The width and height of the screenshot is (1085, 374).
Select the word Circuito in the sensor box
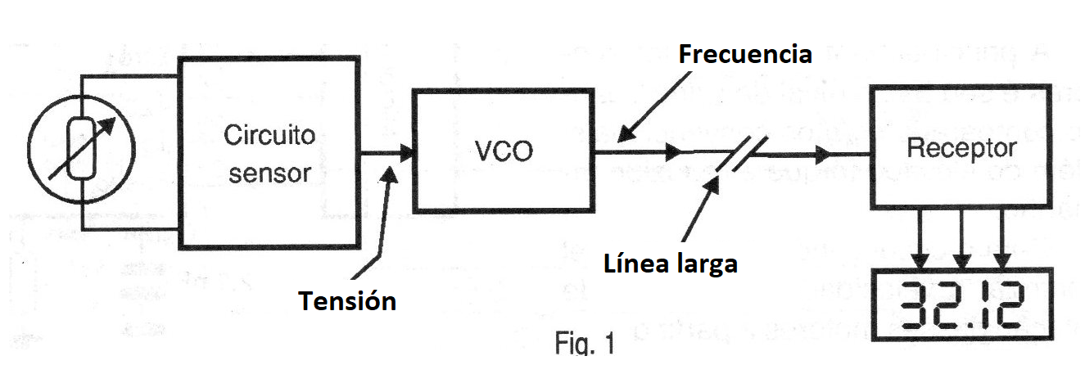[269, 135]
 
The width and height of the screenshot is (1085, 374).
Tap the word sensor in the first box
[269, 173]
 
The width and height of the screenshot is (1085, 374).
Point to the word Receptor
[961, 148]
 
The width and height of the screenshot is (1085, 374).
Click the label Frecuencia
[745, 54]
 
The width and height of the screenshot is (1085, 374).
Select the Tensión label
[347, 301]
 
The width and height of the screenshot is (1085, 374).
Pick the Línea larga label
[671, 264]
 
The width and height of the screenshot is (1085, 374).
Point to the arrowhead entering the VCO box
[405, 152]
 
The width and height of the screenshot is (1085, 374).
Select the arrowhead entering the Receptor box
[824, 153]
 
